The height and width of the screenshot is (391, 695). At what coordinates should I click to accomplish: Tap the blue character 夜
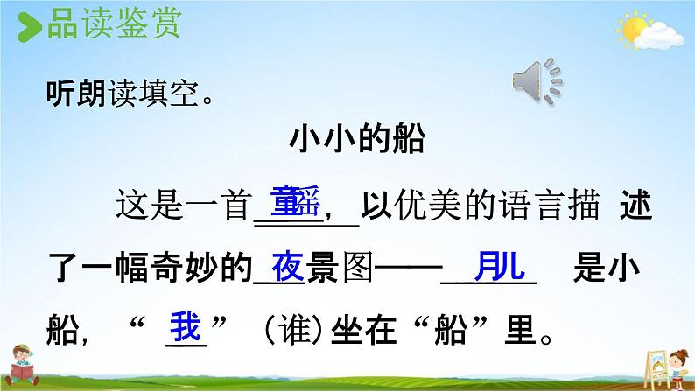pyautogui.click(x=286, y=265)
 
